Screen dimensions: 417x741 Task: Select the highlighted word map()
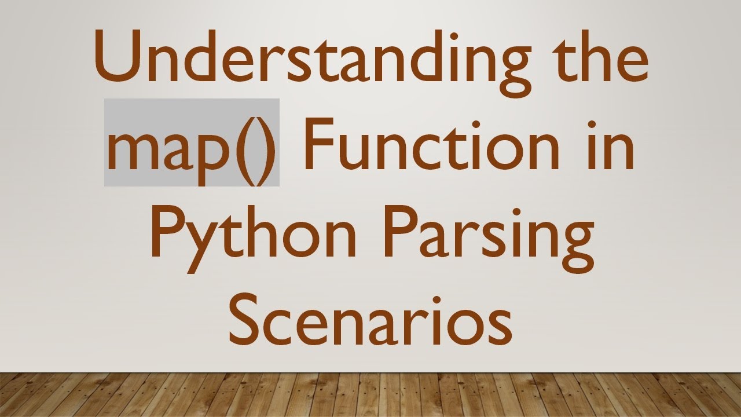pyautogui.click(x=192, y=143)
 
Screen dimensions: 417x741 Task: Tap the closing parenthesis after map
pyautogui.click(x=266, y=148)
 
